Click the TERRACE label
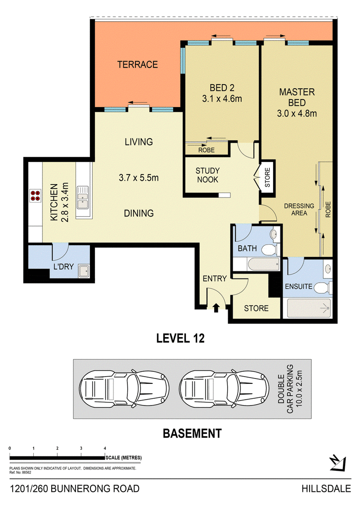[x=138, y=65]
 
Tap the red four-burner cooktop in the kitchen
[x=36, y=196]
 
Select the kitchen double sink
[x=83, y=198]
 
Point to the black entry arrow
[x=216, y=307]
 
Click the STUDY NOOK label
[x=208, y=176]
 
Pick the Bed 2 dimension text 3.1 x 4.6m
[x=222, y=99]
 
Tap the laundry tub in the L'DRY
[x=84, y=271]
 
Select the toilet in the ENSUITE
[x=323, y=288]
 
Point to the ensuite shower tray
[x=309, y=308]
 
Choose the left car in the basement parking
[x=124, y=388]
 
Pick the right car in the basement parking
[x=224, y=388]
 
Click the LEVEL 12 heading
[x=180, y=338]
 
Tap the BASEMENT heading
[x=192, y=434]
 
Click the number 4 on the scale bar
[x=105, y=448]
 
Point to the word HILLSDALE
[x=326, y=489]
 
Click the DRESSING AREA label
[x=299, y=210]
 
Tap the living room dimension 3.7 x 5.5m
[x=139, y=178]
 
